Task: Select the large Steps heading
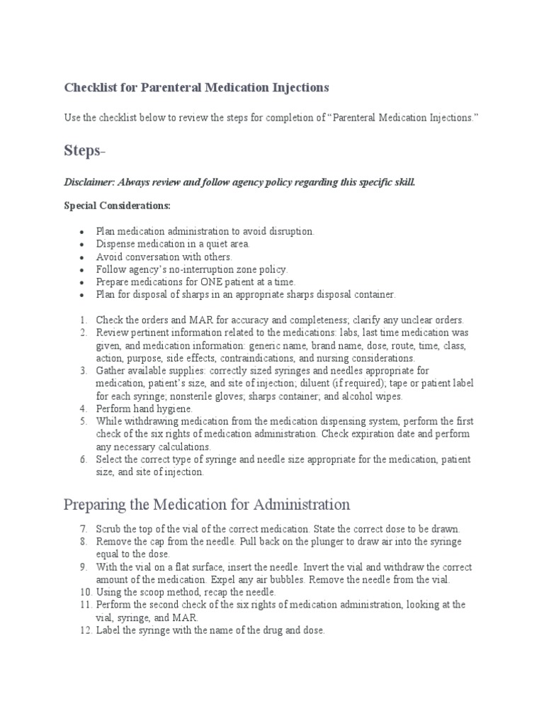(x=84, y=150)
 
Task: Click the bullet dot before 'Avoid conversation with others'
(x=82, y=257)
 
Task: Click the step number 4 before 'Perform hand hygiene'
(x=82, y=408)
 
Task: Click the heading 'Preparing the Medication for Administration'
(x=206, y=505)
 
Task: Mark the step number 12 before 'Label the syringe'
(x=81, y=630)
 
